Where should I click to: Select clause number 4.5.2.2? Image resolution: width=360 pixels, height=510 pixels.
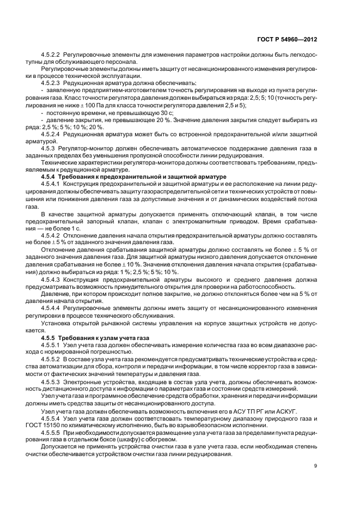point(51,56)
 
